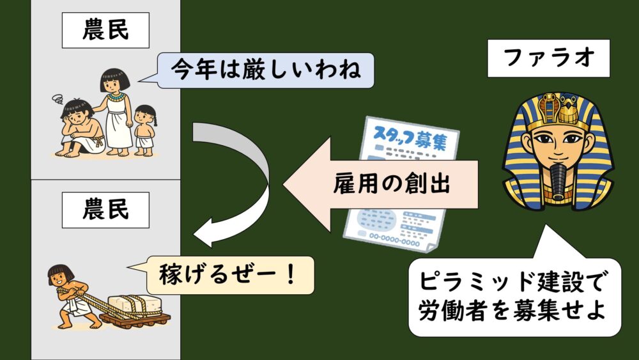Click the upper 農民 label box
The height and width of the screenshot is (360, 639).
pyautogui.click(x=105, y=29)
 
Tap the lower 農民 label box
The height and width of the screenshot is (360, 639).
pyautogui.click(x=105, y=209)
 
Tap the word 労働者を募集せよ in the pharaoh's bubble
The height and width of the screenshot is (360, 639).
pyautogui.click(x=512, y=311)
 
